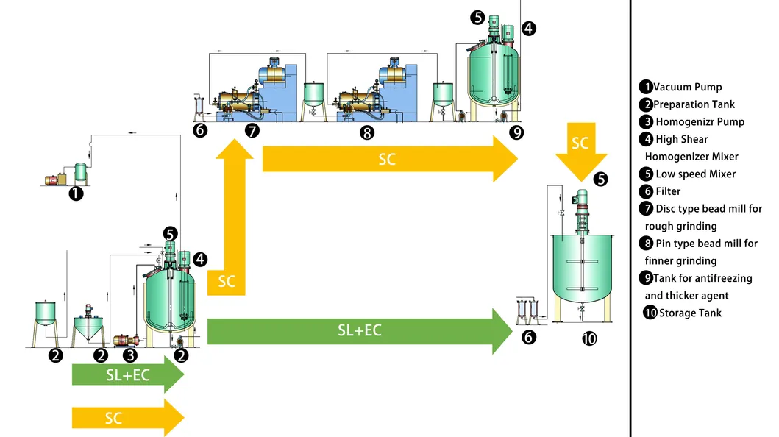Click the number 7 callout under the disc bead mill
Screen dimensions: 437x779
pyautogui.click(x=252, y=132)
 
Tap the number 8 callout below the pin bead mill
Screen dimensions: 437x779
pyautogui.click(x=367, y=132)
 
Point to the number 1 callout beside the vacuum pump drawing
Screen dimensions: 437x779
pyautogui.click(x=75, y=194)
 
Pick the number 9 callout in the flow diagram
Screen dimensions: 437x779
pyautogui.click(x=516, y=132)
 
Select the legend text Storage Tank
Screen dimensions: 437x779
pyautogui.click(x=690, y=313)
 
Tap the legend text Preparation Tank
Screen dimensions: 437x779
pyautogui.click(x=694, y=104)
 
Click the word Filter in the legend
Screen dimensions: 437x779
pyautogui.click(x=668, y=191)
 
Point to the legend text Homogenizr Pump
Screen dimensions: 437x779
pyautogui.click(x=700, y=121)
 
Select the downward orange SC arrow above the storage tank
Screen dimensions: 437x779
pyautogui.click(x=581, y=151)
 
